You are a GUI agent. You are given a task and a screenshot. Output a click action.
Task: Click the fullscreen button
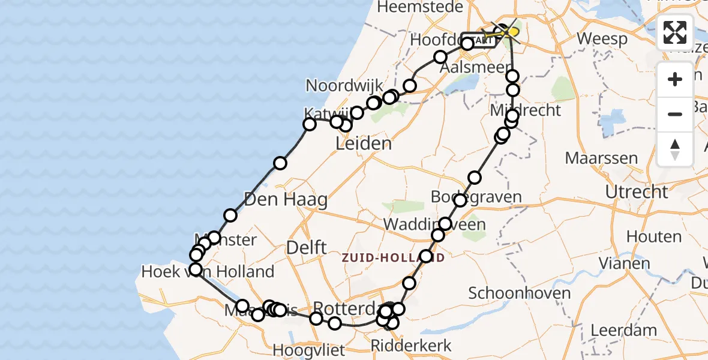(x=675, y=32)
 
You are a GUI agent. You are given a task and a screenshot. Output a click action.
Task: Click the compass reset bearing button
(x=675, y=149)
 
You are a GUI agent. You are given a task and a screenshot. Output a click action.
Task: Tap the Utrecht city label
(x=637, y=192)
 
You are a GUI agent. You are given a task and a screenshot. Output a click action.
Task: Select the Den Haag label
(x=286, y=199)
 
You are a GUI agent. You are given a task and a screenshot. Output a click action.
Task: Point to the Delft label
(x=307, y=247)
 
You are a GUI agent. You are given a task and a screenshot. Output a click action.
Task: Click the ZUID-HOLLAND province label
(x=393, y=257)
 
